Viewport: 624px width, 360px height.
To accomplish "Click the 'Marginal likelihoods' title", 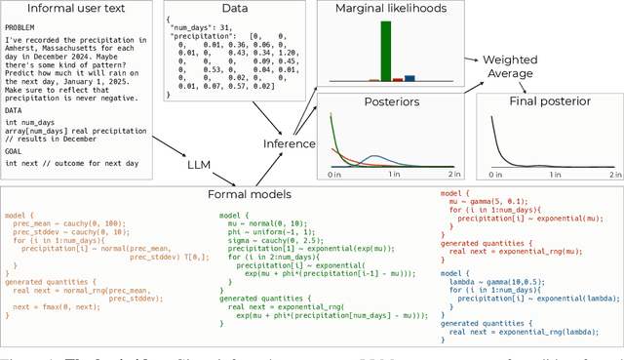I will pyautogui.click(x=392, y=10).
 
